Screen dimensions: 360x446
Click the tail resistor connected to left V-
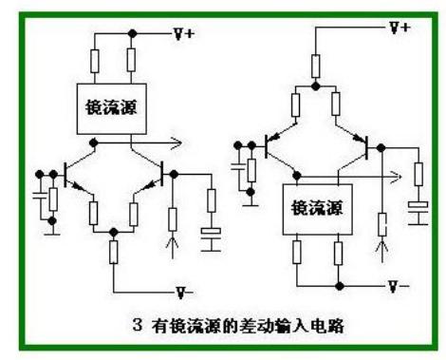pos(113,253)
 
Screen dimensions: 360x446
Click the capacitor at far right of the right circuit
pos(416,208)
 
